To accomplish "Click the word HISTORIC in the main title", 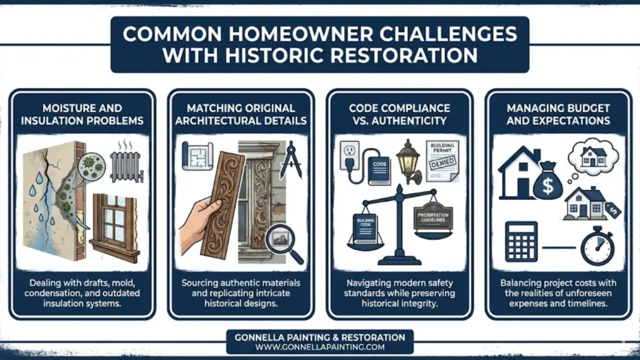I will pyautogui.click(x=269, y=55).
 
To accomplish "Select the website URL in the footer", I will pyautogui.click(x=319, y=347).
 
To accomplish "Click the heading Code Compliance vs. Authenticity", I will pyautogui.click(x=400, y=114).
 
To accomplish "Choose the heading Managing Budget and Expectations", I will pyautogui.click(x=558, y=114).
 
